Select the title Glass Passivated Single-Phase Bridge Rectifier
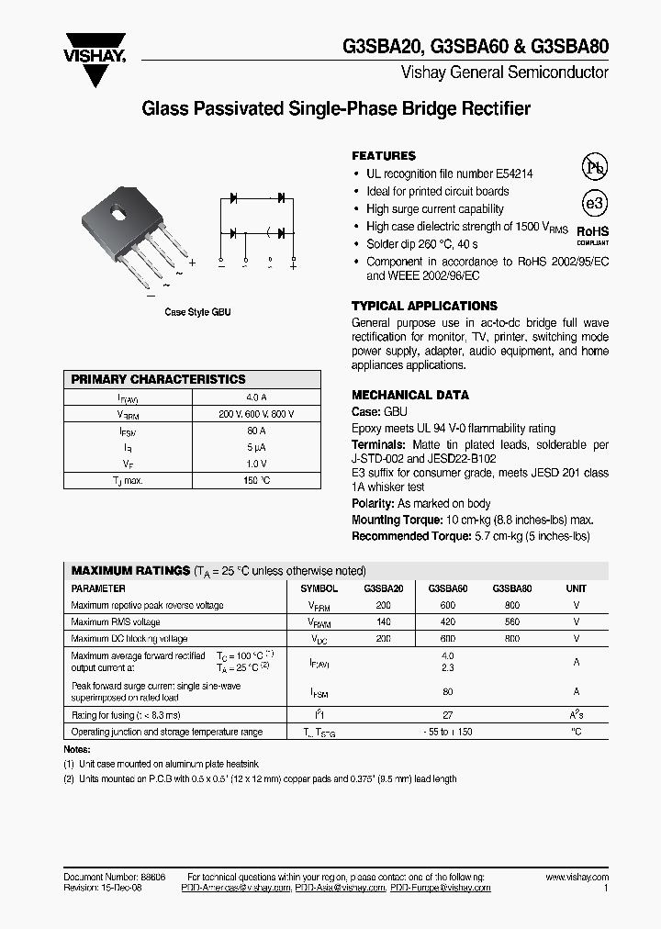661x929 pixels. point(336,109)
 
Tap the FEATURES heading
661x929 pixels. point(384,156)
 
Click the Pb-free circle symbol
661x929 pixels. point(595,167)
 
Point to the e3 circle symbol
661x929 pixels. point(595,203)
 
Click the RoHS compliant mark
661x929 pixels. point(592,236)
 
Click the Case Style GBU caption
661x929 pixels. point(197,312)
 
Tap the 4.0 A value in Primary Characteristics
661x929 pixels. point(256,397)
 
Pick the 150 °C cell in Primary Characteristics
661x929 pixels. point(256,480)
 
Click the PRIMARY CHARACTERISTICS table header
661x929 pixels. point(159,379)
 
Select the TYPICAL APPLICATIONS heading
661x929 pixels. point(424,306)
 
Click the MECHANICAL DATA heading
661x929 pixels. point(410,395)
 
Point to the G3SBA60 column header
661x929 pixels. point(448,588)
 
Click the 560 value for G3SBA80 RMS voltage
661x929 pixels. point(512,622)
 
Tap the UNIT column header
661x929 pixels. point(577,588)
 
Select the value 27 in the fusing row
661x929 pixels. point(448,715)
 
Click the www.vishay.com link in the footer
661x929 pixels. point(577,878)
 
